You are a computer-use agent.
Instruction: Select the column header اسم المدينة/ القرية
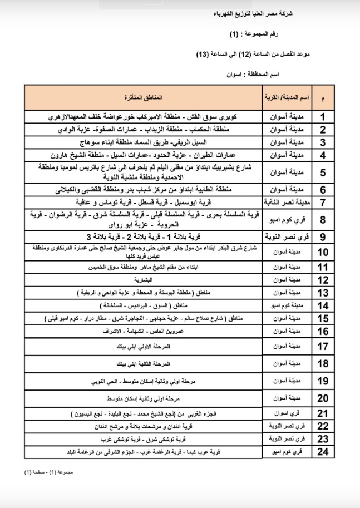tap(286, 97)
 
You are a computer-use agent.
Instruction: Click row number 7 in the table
tap(323, 201)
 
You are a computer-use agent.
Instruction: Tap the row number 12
tap(323, 280)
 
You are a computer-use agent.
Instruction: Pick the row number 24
tap(323, 452)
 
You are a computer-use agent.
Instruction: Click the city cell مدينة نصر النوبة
tap(286, 201)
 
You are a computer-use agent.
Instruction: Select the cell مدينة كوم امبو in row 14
tap(286, 305)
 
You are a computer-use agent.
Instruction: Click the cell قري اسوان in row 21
tap(286, 414)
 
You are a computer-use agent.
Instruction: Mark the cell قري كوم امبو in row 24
tap(286, 452)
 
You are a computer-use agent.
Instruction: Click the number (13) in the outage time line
tap(204, 54)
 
